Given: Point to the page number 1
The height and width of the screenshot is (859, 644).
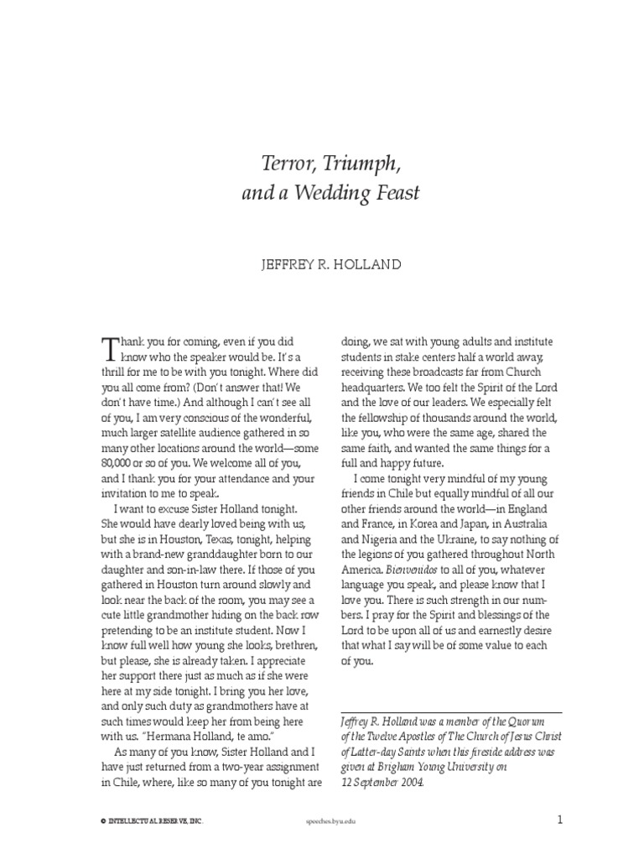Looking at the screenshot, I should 559,819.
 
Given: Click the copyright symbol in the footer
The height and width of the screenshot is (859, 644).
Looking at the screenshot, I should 100,821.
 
